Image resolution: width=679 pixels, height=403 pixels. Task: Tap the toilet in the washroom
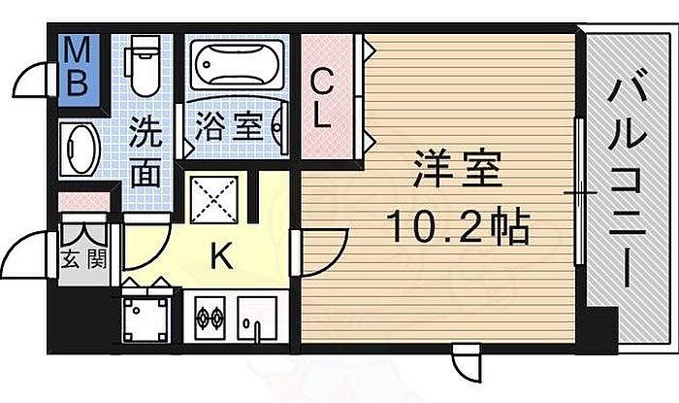(142, 65)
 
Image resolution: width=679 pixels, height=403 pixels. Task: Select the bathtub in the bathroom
(237, 65)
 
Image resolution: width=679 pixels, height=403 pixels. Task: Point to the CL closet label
(323, 99)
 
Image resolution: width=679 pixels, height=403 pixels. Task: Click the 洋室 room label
(457, 168)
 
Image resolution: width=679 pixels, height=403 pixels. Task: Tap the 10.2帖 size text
(459, 226)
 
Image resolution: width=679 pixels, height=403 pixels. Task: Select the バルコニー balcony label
(627, 177)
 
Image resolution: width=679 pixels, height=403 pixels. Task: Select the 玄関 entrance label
(83, 260)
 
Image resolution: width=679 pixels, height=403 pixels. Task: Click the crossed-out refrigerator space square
(214, 200)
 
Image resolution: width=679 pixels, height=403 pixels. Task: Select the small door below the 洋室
(467, 362)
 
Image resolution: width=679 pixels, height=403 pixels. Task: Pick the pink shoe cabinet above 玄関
(84, 202)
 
